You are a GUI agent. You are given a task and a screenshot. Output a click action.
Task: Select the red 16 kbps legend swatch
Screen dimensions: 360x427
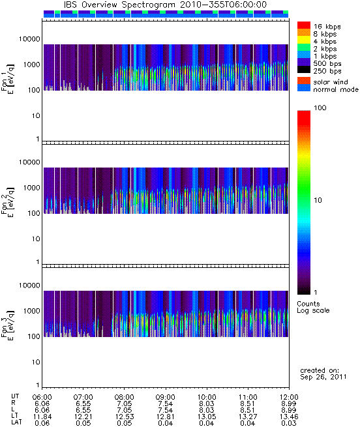[x=304, y=25]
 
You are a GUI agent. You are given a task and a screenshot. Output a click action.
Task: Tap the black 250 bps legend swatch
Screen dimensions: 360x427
[x=304, y=70]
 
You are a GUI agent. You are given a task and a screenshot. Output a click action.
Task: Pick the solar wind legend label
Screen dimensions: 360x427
[x=331, y=82]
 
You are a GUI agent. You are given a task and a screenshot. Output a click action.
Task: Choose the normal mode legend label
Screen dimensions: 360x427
[x=336, y=89]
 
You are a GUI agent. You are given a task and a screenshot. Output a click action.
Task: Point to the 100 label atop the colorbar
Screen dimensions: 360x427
[x=320, y=108]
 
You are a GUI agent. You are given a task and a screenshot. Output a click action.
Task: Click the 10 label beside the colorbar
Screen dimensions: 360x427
[x=318, y=200]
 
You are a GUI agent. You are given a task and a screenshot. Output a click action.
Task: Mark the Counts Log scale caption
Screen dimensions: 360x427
[x=313, y=307]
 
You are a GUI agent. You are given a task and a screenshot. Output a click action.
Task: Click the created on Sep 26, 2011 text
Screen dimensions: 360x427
[x=323, y=374]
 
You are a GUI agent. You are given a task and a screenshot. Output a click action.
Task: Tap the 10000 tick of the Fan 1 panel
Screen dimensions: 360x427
[x=29, y=39]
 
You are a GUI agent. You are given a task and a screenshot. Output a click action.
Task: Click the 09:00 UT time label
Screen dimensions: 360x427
[x=166, y=397]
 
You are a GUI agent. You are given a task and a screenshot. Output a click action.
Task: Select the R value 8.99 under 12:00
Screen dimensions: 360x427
[x=289, y=404]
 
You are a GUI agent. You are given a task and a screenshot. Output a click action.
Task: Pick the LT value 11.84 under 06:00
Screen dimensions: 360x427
[x=42, y=417]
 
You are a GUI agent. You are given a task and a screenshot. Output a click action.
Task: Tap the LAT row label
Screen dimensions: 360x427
[x=16, y=422]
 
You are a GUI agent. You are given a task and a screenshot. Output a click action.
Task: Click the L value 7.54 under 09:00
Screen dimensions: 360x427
[x=166, y=410]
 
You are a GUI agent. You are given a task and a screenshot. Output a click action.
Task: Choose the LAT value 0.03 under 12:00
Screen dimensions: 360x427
[x=289, y=423]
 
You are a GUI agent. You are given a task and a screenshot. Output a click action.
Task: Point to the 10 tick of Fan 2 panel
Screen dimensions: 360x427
[x=36, y=239]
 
